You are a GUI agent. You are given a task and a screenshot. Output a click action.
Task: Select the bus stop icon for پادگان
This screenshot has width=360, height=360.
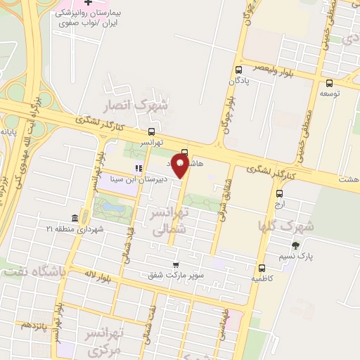pyautogui.click(x=238, y=70)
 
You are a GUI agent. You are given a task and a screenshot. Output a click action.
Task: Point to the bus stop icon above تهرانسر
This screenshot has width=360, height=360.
pyautogui.click(x=151, y=131)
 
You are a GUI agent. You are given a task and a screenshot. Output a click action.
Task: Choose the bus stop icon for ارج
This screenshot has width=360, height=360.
pyautogui.click(x=280, y=193)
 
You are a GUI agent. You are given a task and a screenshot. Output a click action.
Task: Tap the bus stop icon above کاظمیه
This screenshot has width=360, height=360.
pyautogui.click(x=262, y=268)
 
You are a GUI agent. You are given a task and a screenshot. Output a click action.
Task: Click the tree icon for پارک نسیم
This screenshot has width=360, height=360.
pyautogui.click(x=295, y=245)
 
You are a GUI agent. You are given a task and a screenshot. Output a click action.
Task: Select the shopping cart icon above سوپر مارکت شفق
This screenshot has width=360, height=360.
pyautogui.click(x=175, y=264)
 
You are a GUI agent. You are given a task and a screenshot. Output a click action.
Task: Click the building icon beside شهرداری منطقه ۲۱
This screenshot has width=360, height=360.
pyautogui.click(x=75, y=219)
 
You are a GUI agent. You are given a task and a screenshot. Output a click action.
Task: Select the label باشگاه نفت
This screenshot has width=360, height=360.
pyautogui.click(x=32, y=271)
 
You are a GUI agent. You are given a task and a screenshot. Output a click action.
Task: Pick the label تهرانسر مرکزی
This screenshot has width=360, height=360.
pyautogui.click(x=103, y=341)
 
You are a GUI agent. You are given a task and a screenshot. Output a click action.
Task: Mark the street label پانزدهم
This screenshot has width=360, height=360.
pyautogui.click(x=33, y=326)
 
